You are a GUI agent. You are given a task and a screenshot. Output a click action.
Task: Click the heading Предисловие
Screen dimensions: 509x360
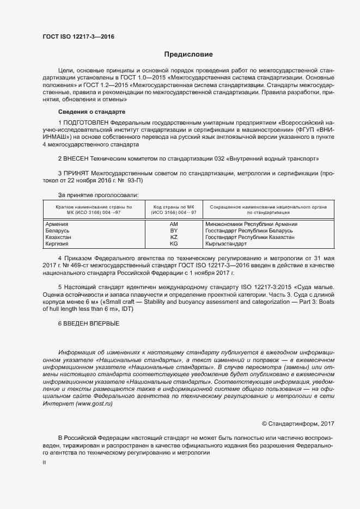(x=188, y=54)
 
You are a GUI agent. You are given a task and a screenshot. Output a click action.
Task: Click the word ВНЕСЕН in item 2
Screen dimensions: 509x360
(x=77, y=158)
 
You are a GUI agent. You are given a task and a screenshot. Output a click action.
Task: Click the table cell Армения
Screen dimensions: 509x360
(x=57, y=224)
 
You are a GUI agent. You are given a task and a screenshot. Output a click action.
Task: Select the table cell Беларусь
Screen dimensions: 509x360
(x=57, y=231)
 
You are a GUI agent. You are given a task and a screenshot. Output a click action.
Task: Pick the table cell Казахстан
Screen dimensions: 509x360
(x=58, y=238)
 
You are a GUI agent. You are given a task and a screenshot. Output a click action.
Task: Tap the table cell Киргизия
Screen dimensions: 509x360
(x=57, y=244)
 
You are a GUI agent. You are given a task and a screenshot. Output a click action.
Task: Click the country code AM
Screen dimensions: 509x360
(x=174, y=224)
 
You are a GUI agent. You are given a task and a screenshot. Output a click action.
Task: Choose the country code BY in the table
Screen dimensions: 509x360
(x=174, y=231)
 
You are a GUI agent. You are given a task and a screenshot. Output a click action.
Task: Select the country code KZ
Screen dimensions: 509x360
(x=174, y=238)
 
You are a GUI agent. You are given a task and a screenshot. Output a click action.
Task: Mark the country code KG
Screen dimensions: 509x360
(x=174, y=244)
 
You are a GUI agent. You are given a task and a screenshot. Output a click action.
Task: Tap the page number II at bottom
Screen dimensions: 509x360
(x=45, y=462)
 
